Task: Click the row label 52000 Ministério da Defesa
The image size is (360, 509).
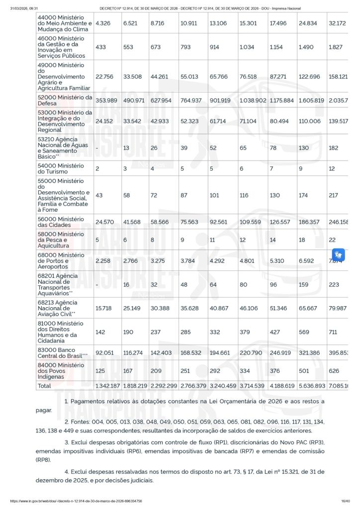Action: [65, 100]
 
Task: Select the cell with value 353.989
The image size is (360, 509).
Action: [106, 100]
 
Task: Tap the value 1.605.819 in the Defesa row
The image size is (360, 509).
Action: [311, 100]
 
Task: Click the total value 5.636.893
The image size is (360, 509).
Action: [311, 385]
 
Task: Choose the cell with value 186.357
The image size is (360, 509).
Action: [309, 223]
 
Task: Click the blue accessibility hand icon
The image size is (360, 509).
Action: [339, 254]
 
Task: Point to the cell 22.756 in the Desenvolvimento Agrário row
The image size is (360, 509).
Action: [105, 77]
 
